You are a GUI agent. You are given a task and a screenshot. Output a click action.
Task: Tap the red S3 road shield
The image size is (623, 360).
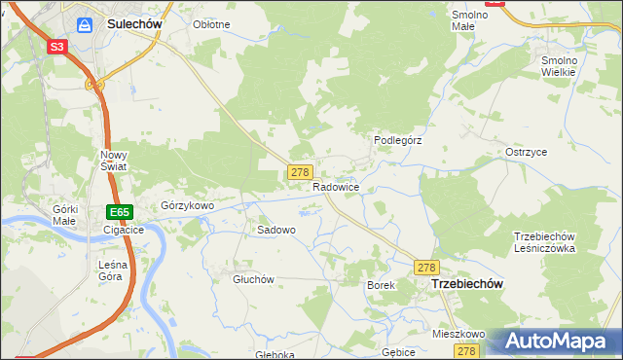(x=57, y=47)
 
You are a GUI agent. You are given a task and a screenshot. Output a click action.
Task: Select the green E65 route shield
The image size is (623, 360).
(x=119, y=212)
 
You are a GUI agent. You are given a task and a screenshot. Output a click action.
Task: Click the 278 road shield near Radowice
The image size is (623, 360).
(x=300, y=172)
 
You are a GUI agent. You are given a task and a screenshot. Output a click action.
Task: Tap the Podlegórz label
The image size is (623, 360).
(x=398, y=140)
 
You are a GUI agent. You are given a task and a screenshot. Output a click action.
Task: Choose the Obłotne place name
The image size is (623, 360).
(x=211, y=24)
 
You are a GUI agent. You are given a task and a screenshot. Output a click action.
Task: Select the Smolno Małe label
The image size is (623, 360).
(x=470, y=20)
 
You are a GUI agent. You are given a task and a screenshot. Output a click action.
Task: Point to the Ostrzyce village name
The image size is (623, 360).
(x=526, y=153)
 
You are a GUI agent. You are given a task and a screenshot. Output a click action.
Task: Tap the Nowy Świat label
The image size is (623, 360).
(x=114, y=161)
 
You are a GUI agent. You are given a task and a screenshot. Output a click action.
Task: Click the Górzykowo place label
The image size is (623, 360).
(x=187, y=206)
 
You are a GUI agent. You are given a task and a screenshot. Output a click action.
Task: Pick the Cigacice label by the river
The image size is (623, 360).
(x=124, y=231)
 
